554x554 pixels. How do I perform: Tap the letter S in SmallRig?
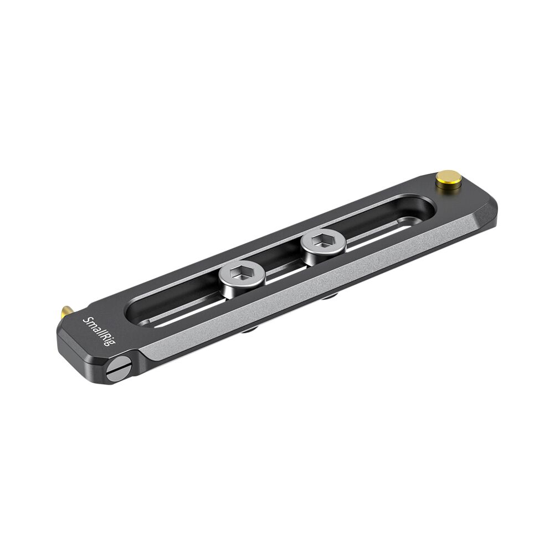pos(86,320)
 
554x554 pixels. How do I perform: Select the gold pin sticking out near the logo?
pos(65,314)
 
